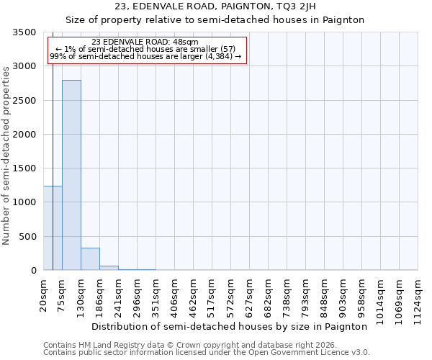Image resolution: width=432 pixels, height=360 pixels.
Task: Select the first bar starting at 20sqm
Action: [53, 228]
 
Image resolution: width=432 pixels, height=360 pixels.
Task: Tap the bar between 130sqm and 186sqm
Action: [90, 259]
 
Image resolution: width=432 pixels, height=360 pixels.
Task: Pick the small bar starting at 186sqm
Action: [109, 268]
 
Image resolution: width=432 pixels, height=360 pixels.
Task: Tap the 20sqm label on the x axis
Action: [44, 295]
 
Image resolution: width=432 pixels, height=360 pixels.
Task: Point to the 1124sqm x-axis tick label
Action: [418, 300]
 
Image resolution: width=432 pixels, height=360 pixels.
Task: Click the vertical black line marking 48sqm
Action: [53, 144]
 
